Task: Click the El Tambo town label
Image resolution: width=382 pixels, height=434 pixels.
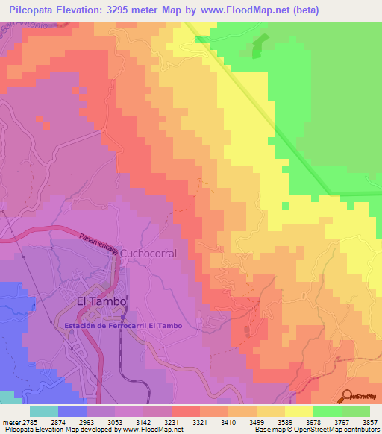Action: coord(102,301)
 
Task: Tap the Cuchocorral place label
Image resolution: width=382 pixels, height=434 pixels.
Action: coord(148,254)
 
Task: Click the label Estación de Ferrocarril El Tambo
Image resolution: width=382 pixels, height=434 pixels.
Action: coord(128,326)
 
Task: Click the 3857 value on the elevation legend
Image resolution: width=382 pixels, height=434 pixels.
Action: coord(370,422)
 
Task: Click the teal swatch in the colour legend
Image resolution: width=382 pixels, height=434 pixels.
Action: coord(44,411)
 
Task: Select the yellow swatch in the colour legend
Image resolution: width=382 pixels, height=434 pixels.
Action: coord(298,411)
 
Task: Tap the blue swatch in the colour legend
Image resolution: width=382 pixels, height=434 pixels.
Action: coord(72,411)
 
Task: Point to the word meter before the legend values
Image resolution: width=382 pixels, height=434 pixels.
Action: coord(13,422)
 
